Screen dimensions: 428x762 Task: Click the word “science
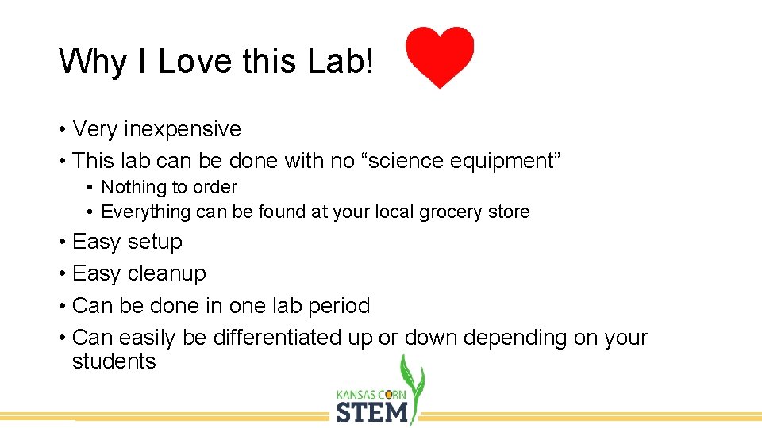click(x=402, y=161)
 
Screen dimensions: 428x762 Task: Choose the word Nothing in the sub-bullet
click(x=133, y=187)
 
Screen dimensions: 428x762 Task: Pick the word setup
click(x=154, y=241)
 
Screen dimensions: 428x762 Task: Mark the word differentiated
click(x=277, y=338)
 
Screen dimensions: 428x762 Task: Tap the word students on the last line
click(x=114, y=361)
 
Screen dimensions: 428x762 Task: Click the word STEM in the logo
click(x=371, y=412)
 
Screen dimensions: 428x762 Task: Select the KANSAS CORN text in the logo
click(x=371, y=394)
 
